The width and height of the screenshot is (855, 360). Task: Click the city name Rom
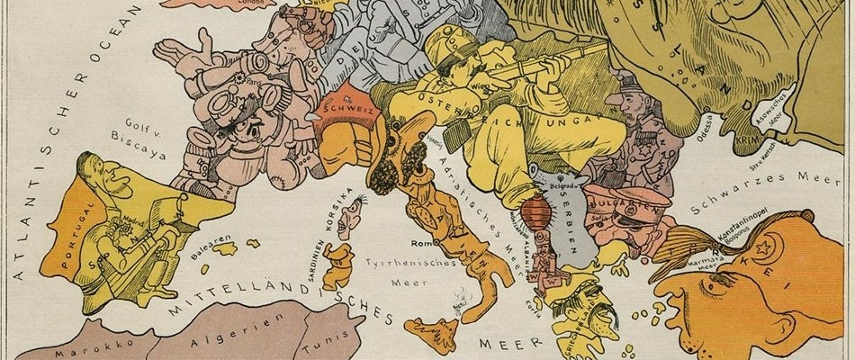423,244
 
